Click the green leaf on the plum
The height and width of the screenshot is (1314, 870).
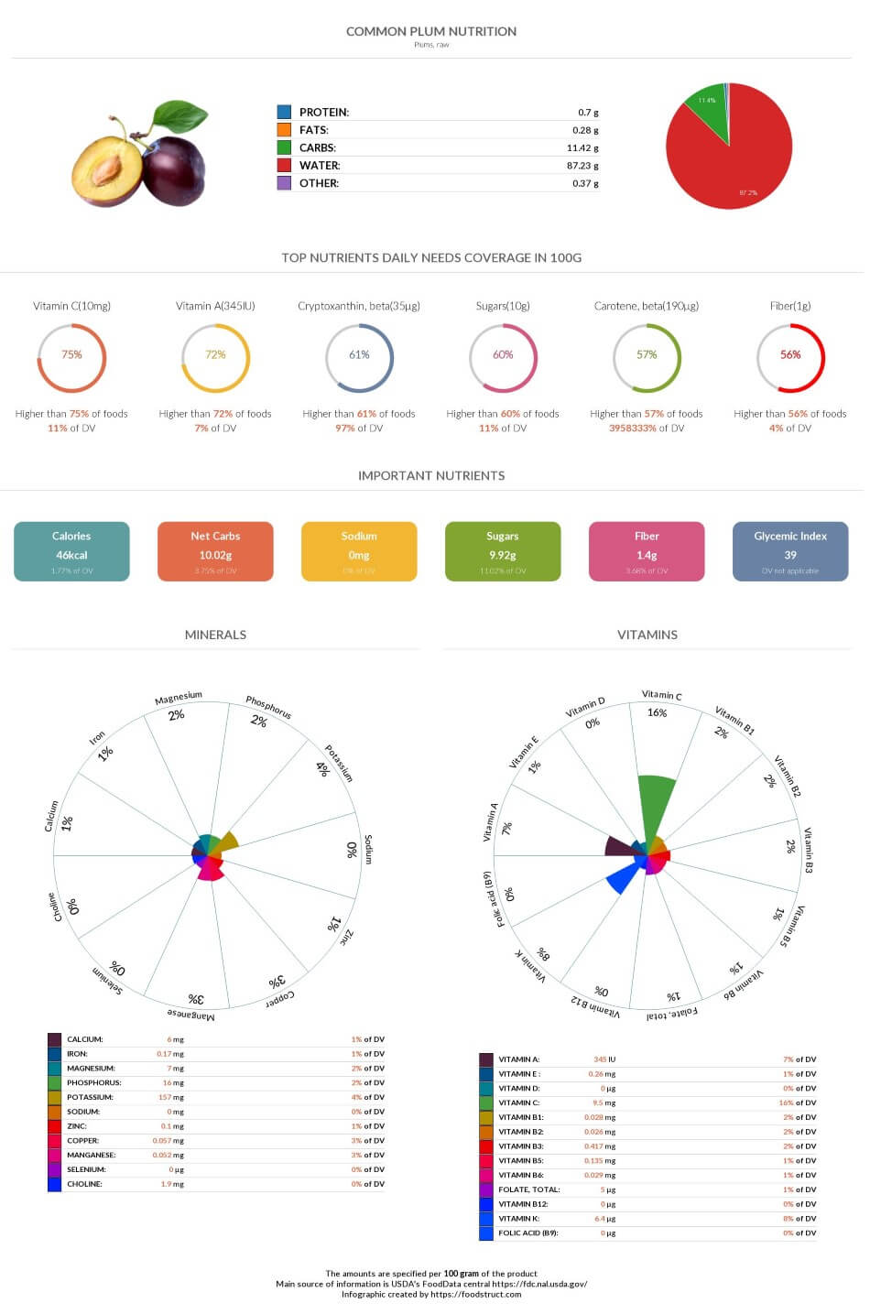(180, 117)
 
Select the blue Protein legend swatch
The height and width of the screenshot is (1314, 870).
(284, 112)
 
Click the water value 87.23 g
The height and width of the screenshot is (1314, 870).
(582, 166)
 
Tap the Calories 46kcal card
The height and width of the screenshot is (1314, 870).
(71, 551)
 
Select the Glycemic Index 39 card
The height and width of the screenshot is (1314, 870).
(789, 551)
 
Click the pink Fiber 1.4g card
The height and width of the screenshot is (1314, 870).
(647, 551)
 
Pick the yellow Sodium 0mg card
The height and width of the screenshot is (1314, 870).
(359, 551)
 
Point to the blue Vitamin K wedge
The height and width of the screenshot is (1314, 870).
(623, 879)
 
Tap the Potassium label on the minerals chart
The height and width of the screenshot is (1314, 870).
(339, 763)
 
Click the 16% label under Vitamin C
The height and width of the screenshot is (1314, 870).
(657, 712)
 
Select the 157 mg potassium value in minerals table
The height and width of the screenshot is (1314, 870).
(170, 1097)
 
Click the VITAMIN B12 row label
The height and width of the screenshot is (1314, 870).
(523, 1204)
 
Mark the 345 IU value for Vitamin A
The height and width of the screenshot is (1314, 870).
(604, 1059)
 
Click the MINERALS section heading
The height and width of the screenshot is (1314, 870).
(215, 635)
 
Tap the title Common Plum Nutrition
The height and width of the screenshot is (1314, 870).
(430, 31)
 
